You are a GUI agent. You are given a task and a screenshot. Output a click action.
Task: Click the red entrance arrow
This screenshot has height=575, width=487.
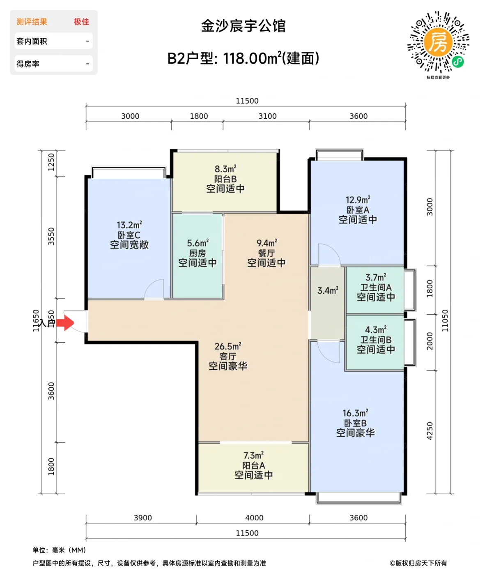pyautogui.click(x=65, y=323)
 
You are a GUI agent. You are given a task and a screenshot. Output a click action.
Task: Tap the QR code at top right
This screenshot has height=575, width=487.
pyautogui.click(x=438, y=42)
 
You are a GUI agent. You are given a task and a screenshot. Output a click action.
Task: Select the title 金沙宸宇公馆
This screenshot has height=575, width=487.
pyautogui.click(x=243, y=26)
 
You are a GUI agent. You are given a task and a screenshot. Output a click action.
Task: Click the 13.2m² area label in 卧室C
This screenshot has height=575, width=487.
pyautogui.click(x=129, y=225)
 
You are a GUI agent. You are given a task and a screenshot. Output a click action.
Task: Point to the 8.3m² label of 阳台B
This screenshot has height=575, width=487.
pyautogui.click(x=225, y=169)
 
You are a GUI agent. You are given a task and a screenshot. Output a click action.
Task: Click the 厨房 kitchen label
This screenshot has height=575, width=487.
pyautogui.click(x=198, y=253)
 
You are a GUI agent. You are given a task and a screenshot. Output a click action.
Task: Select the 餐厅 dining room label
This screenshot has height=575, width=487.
pyautogui.click(x=266, y=253)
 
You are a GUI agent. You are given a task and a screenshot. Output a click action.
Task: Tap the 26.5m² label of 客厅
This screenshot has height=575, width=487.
pyautogui.click(x=227, y=346)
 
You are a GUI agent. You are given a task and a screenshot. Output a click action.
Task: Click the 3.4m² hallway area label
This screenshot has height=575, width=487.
pyautogui.click(x=328, y=291)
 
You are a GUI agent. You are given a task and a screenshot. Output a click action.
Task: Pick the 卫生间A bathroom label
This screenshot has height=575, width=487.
pyautogui.click(x=376, y=287)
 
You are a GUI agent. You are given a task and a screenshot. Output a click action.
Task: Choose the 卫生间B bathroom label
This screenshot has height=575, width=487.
pyautogui.click(x=376, y=340)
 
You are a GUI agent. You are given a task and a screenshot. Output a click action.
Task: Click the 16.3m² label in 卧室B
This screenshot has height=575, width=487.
pyautogui.click(x=355, y=413)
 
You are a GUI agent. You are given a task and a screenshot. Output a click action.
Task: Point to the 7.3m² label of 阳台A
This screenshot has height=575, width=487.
pyautogui.click(x=253, y=455)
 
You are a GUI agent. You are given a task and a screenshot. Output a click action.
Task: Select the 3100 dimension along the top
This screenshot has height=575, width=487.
pyautogui.click(x=267, y=116)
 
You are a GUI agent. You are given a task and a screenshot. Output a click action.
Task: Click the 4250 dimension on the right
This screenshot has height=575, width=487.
pyautogui.click(x=430, y=431)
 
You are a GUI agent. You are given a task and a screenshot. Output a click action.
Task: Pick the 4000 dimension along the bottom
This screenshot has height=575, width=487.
pyautogui.click(x=254, y=518)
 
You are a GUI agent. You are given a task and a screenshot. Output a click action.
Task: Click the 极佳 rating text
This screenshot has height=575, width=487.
pyautogui.click(x=81, y=22)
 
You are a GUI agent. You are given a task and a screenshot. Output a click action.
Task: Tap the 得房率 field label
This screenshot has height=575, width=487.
pyautogui.click(x=28, y=64)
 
